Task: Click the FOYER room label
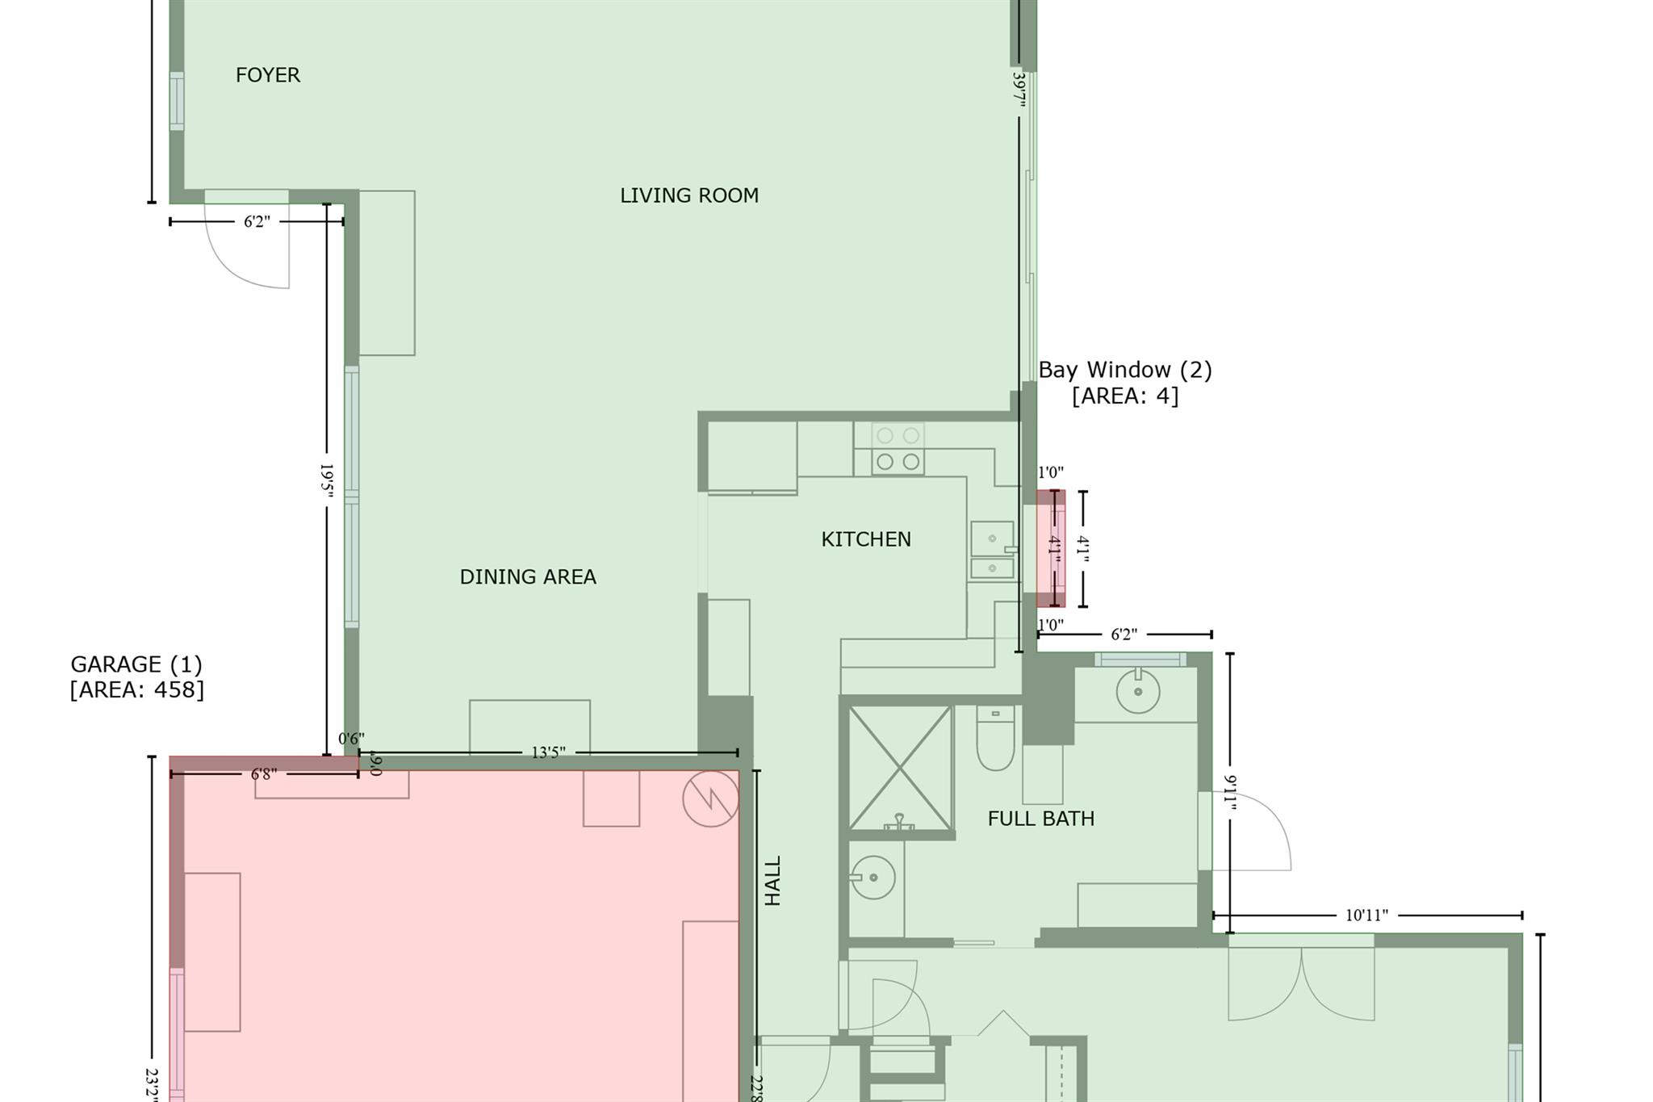coord(268,75)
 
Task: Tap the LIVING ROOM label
coord(688,195)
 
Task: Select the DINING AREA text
coord(528,576)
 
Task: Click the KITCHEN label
coord(865,539)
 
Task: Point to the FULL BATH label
coord(1040,819)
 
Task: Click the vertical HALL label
coord(772,881)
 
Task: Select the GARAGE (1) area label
coord(136,677)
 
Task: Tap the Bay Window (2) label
coord(1124,382)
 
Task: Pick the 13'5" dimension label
coord(548,752)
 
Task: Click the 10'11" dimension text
coord(1366,916)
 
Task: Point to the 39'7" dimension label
coord(1019,90)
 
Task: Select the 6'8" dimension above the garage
coord(264,774)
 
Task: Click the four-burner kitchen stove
coord(898,448)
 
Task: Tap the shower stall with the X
coord(899,767)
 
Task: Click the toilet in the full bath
coord(995,739)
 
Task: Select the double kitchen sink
coord(992,550)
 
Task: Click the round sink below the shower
coord(873,877)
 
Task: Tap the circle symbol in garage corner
coord(710,798)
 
